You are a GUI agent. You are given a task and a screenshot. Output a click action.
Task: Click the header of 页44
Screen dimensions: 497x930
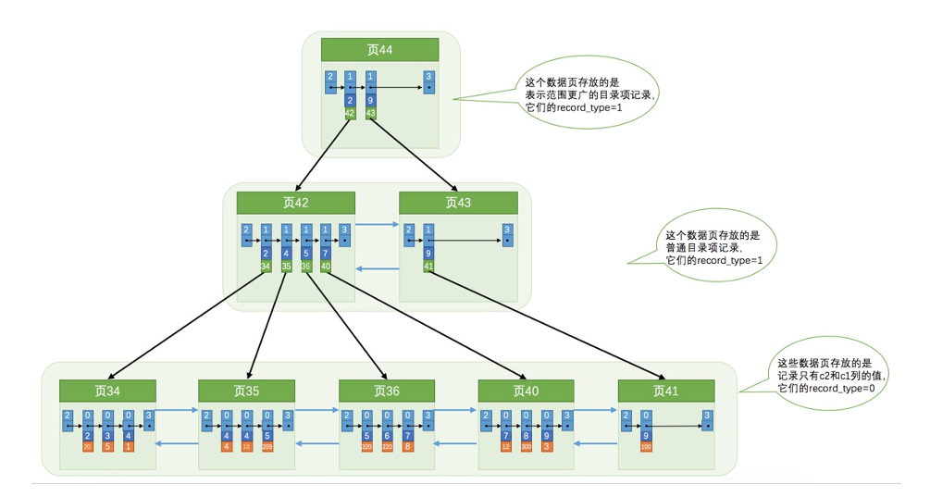[x=379, y=50]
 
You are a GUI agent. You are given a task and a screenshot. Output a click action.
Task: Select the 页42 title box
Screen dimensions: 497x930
[x=295, y=203]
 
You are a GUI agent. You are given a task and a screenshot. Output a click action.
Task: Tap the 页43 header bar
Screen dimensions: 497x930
[x=457, y=203]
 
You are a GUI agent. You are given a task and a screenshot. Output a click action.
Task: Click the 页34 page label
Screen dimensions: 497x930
[x=105, y=391]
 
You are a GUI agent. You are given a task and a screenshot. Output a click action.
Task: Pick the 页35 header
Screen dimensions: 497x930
[x=246, y=391]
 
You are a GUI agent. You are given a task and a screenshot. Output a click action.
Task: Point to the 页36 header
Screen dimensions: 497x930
[x=386, y=391]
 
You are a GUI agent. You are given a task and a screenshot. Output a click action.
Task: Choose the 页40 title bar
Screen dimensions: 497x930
[x=525, y=391]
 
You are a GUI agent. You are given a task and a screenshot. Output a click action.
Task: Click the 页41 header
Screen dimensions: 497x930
[x=665, y=391]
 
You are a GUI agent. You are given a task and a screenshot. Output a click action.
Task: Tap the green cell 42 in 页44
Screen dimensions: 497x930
[x=350, y=113]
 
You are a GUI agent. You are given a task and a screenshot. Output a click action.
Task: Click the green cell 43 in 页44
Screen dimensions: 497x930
[x=371, y=113]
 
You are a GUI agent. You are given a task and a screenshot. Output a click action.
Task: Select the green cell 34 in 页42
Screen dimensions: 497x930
[x=265, y=267]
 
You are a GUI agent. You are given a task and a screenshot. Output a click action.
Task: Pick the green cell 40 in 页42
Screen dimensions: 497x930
[x=326, y=267]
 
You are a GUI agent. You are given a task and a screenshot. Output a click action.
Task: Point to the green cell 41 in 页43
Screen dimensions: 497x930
[x=428, y=267]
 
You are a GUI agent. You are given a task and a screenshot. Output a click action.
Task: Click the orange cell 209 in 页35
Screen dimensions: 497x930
[x=268, y=447]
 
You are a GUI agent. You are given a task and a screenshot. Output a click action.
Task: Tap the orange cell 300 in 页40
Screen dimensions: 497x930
[x=527, y=447]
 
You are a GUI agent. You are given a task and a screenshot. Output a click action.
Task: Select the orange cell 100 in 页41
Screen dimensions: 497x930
[x=646, y=447]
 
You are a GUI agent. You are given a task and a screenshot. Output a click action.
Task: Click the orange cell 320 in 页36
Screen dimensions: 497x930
[x=366, y=447]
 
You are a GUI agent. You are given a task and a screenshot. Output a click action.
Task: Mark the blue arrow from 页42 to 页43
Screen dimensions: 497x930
[x=376, y=224]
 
